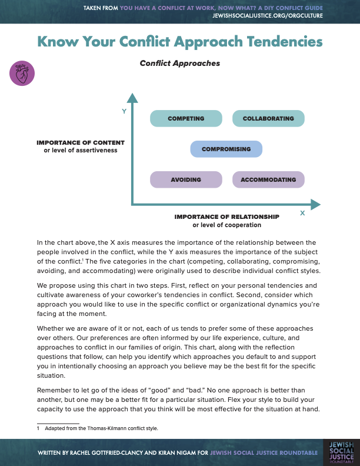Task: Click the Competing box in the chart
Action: click(x=186, y=119)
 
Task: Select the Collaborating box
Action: click(x=268, y=119)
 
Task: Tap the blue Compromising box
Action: click(x=226, y=149)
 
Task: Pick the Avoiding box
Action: click(x=186, y=179)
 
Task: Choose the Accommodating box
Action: click(x=268, y=179)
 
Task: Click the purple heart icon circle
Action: click(x=22, y=74)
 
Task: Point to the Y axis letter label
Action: click(x=124, y=111)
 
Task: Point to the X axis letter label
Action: click(x=302, y=213)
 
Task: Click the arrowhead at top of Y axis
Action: click(x=133, y=97)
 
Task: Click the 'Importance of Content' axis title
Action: click(x=81, y=142)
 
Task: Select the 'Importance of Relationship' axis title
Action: click(x=226, y=217)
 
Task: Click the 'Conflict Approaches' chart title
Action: click(x=180, y=63)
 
